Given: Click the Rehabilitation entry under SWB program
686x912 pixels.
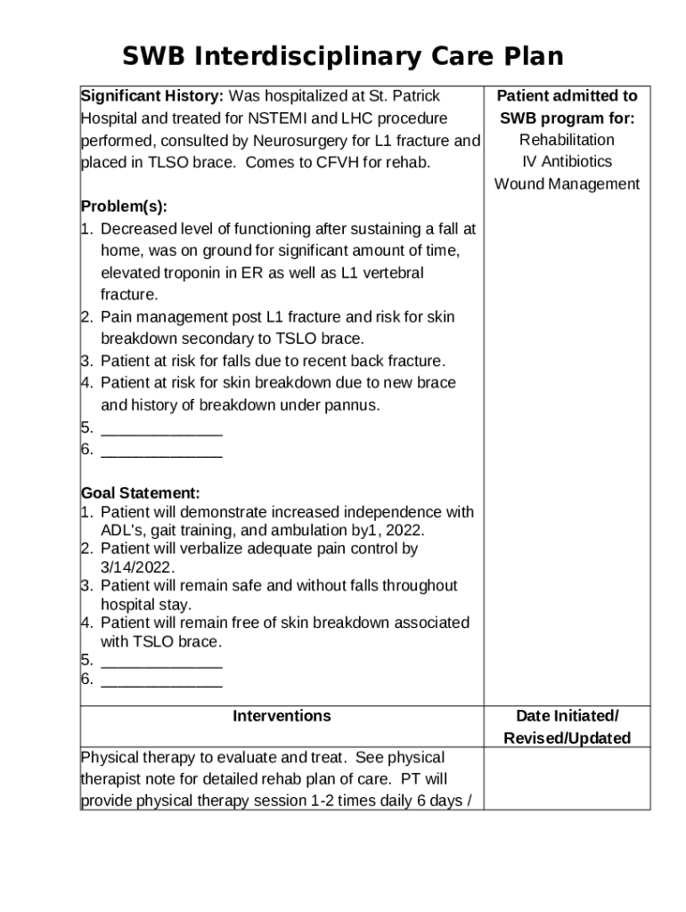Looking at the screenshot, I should point(567,140).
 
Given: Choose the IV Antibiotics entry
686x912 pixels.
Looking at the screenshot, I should point(567,162).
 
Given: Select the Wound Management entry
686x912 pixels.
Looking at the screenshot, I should point(567,184).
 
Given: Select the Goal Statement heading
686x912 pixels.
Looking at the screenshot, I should point(141,493).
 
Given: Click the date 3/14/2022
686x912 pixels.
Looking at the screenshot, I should point(137,567).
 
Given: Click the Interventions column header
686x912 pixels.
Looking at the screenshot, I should point(282,716).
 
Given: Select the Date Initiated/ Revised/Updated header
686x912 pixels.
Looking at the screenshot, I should point(567,727).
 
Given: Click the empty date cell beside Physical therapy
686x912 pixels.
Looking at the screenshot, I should point(567,778).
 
